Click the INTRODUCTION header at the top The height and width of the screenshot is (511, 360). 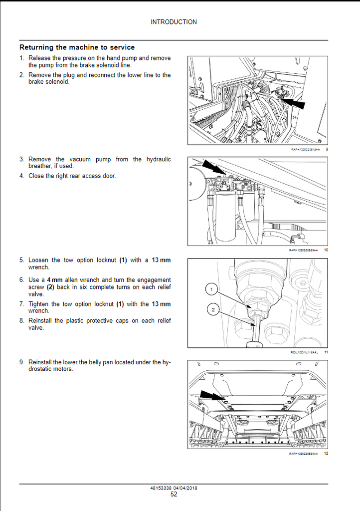coord(174,22)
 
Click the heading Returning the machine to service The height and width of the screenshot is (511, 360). coord(77,47)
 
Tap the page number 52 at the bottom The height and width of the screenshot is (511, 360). coord(174,495)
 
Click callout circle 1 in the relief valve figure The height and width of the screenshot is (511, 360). coord(212,289)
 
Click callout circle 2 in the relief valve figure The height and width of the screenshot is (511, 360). coord(213,310)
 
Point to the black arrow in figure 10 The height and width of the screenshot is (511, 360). coord(214,168)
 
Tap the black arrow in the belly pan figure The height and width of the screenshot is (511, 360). coord(212,397)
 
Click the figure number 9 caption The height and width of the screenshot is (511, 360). coord(327,149)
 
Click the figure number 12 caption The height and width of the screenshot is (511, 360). coord(326,454)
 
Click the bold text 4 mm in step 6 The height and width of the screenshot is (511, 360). coord(55,280)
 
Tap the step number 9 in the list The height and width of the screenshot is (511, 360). coord(21,362)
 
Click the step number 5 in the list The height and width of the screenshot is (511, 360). coord(21,260)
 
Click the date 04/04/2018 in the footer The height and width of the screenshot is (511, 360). coord(185,488)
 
